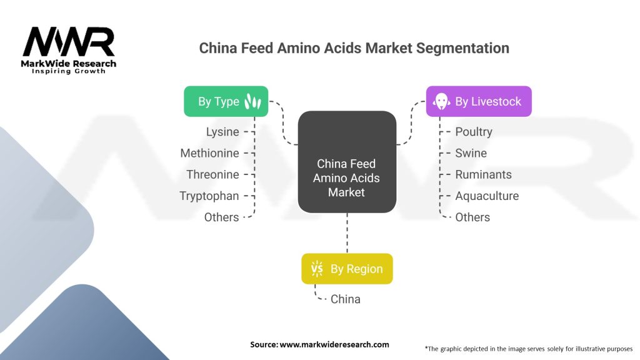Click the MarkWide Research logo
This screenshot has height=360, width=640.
69,50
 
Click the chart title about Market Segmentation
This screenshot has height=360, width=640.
354,48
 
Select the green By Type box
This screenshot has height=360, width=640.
226,101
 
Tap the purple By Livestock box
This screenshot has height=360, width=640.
479,101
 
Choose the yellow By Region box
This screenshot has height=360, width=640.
347,269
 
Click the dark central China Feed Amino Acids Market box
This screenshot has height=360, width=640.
346,161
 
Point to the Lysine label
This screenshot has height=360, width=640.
222,132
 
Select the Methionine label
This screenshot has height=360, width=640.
209,153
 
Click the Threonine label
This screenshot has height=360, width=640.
212,174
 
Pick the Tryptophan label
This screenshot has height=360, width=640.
209,196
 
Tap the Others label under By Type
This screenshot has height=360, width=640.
221,217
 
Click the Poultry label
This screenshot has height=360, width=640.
474,132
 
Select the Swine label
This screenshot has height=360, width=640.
471,153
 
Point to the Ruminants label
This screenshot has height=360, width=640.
483,174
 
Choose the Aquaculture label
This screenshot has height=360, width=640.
487,196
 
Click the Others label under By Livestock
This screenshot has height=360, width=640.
472,217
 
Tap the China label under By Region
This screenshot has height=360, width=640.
346,299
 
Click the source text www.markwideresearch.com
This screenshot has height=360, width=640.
319,344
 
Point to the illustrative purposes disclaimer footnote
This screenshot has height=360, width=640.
528,348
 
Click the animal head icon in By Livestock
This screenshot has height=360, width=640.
442,101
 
